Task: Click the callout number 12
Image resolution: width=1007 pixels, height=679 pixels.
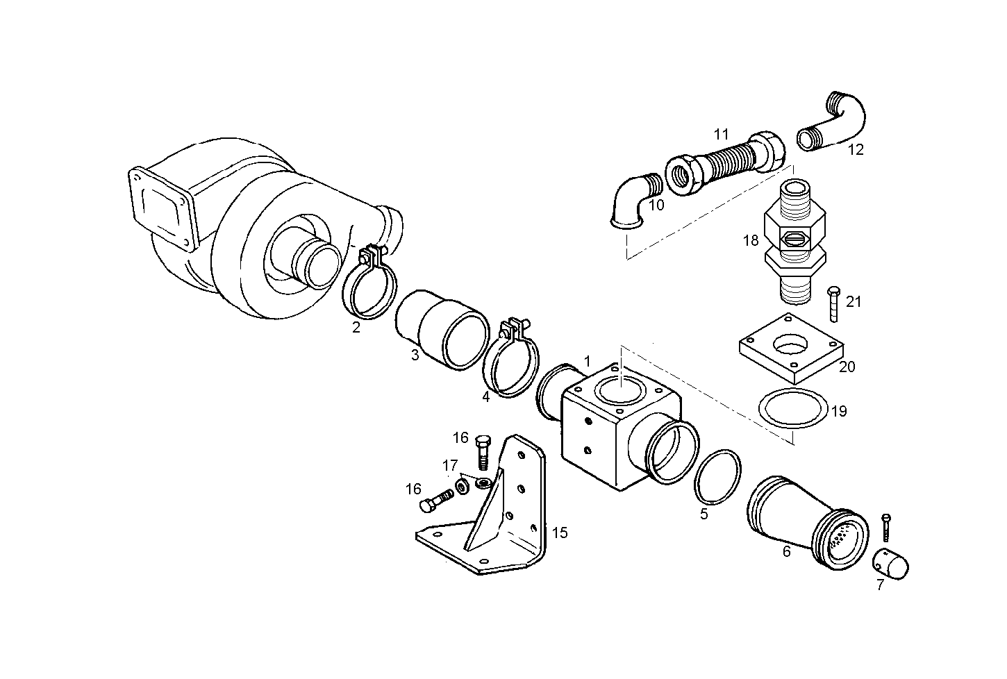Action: tap(856, 149)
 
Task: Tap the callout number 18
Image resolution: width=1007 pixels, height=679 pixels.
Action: tap(750, 241)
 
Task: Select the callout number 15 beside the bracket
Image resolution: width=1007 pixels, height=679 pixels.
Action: tap(560, 533)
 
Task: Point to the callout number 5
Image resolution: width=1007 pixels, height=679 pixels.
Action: tap(704, 514)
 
